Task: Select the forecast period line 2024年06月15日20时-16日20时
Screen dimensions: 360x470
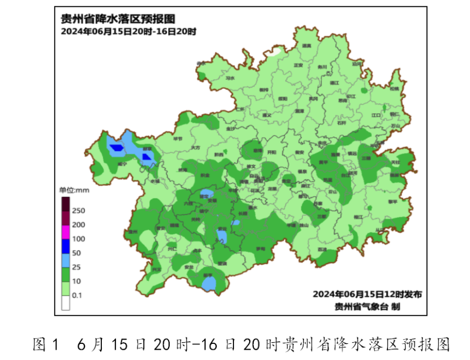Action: click(x=128, y=32)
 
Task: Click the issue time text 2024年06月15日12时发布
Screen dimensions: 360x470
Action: click(x=367, y=294)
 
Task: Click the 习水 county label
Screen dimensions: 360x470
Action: click(x=230, y=78)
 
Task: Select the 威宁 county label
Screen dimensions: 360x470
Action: click(x=122, y=164)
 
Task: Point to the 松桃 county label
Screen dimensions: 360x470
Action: click(x=394, y=89)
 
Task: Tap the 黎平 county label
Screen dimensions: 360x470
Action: click(x=392, y=201)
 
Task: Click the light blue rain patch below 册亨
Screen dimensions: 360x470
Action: click(x=209, y=283)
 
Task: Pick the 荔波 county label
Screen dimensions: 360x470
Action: click(x=322, y=249)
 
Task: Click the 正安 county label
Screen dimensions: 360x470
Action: click(x=298, y=66)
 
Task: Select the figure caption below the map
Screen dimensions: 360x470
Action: click(x=241, y=344)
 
